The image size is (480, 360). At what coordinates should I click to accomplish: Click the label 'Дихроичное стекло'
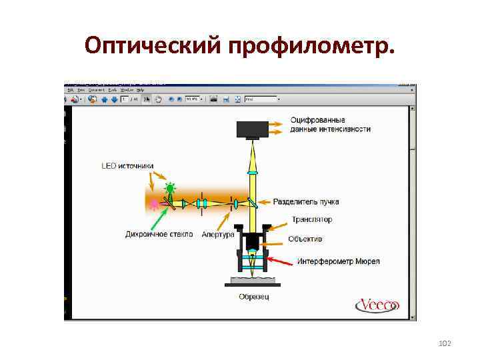tap(159, 234)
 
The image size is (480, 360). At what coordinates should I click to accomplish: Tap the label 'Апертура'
tap(218, 235)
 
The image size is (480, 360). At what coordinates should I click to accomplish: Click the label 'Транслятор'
tap(311, 219)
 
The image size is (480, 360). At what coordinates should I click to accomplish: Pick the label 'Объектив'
tap(305, 239)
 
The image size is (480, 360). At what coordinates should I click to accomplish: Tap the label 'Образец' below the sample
tap(253, 297)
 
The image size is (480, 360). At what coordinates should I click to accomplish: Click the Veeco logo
tap(377, 305)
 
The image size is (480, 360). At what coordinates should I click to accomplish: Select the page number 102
tap(445, 343)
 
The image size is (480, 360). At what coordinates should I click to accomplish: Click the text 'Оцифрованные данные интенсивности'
tap(330, 125)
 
